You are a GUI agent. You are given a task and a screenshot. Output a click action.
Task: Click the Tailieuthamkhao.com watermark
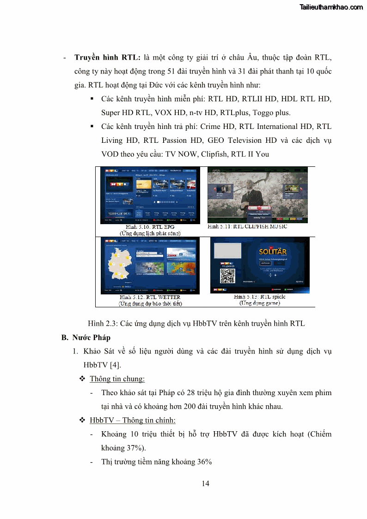point(331,7)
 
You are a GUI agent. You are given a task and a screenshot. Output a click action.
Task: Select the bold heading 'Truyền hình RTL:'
point(107,58)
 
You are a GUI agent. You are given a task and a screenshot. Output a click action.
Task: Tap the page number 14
point(206,483)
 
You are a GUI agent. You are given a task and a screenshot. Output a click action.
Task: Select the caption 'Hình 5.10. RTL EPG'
point(144,227)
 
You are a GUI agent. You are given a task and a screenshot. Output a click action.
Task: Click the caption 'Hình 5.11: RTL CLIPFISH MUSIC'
point(247,226)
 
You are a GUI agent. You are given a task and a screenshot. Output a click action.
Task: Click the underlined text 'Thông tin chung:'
point(117,379)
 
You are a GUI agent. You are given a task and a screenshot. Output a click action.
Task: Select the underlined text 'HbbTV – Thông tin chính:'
point(132,420)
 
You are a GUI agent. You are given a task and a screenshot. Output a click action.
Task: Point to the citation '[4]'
point(115,365)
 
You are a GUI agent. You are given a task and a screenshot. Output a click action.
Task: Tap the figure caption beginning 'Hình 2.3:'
point(196,324)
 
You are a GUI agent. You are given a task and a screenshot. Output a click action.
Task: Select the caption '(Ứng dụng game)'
point(259,303)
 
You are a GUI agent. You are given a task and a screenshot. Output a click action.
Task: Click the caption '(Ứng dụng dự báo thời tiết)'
point(150,304)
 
